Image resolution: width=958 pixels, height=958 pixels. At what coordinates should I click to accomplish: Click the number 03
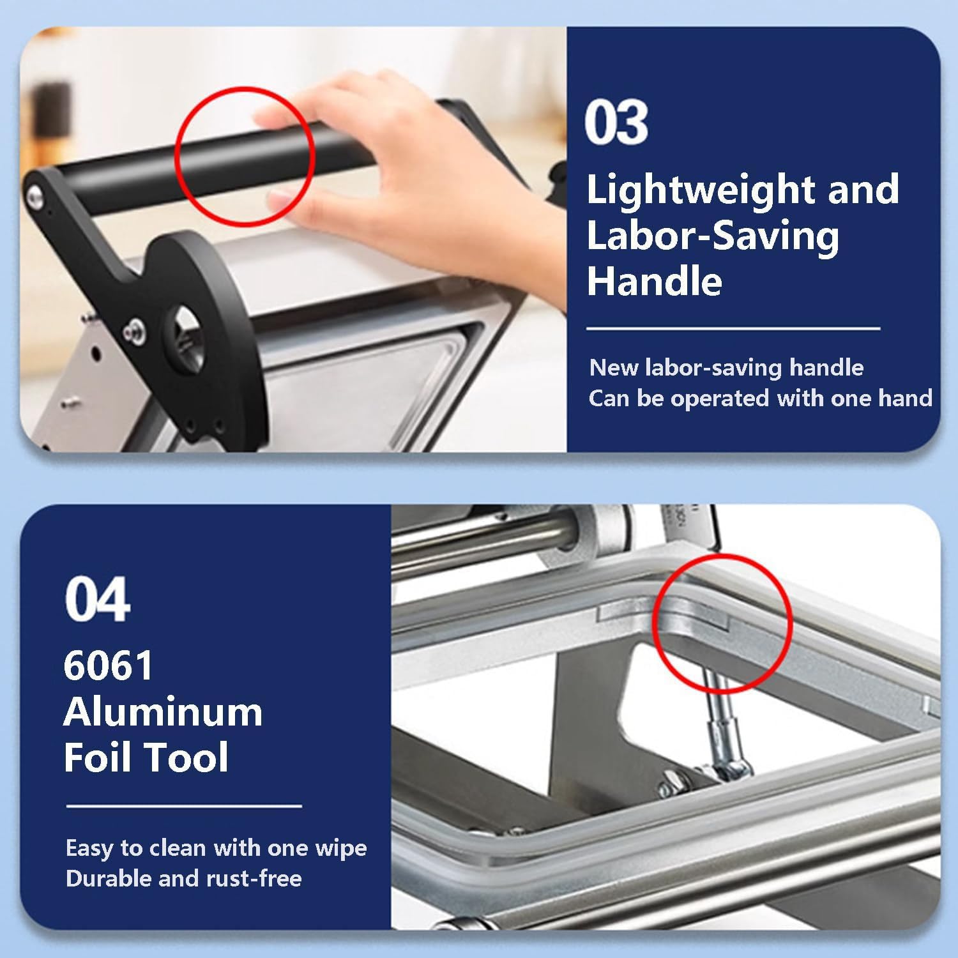tap(616, 123)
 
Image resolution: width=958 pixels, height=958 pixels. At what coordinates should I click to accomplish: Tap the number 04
tap(98, 599)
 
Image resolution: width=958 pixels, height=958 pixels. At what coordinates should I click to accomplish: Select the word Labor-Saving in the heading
tap(713, 236)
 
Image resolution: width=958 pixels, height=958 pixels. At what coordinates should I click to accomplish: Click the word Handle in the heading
tap(654, 281)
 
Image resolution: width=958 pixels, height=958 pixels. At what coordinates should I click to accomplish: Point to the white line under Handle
tap(733, 329)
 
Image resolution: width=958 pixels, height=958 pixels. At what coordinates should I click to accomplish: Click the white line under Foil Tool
tap(184, 806)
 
